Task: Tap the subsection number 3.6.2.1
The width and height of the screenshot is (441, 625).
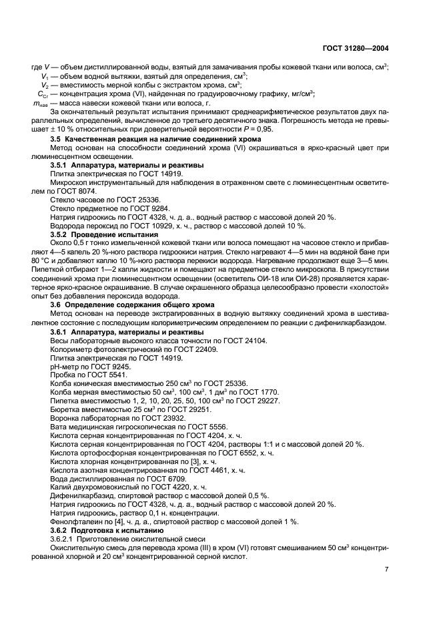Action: (64, 539)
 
